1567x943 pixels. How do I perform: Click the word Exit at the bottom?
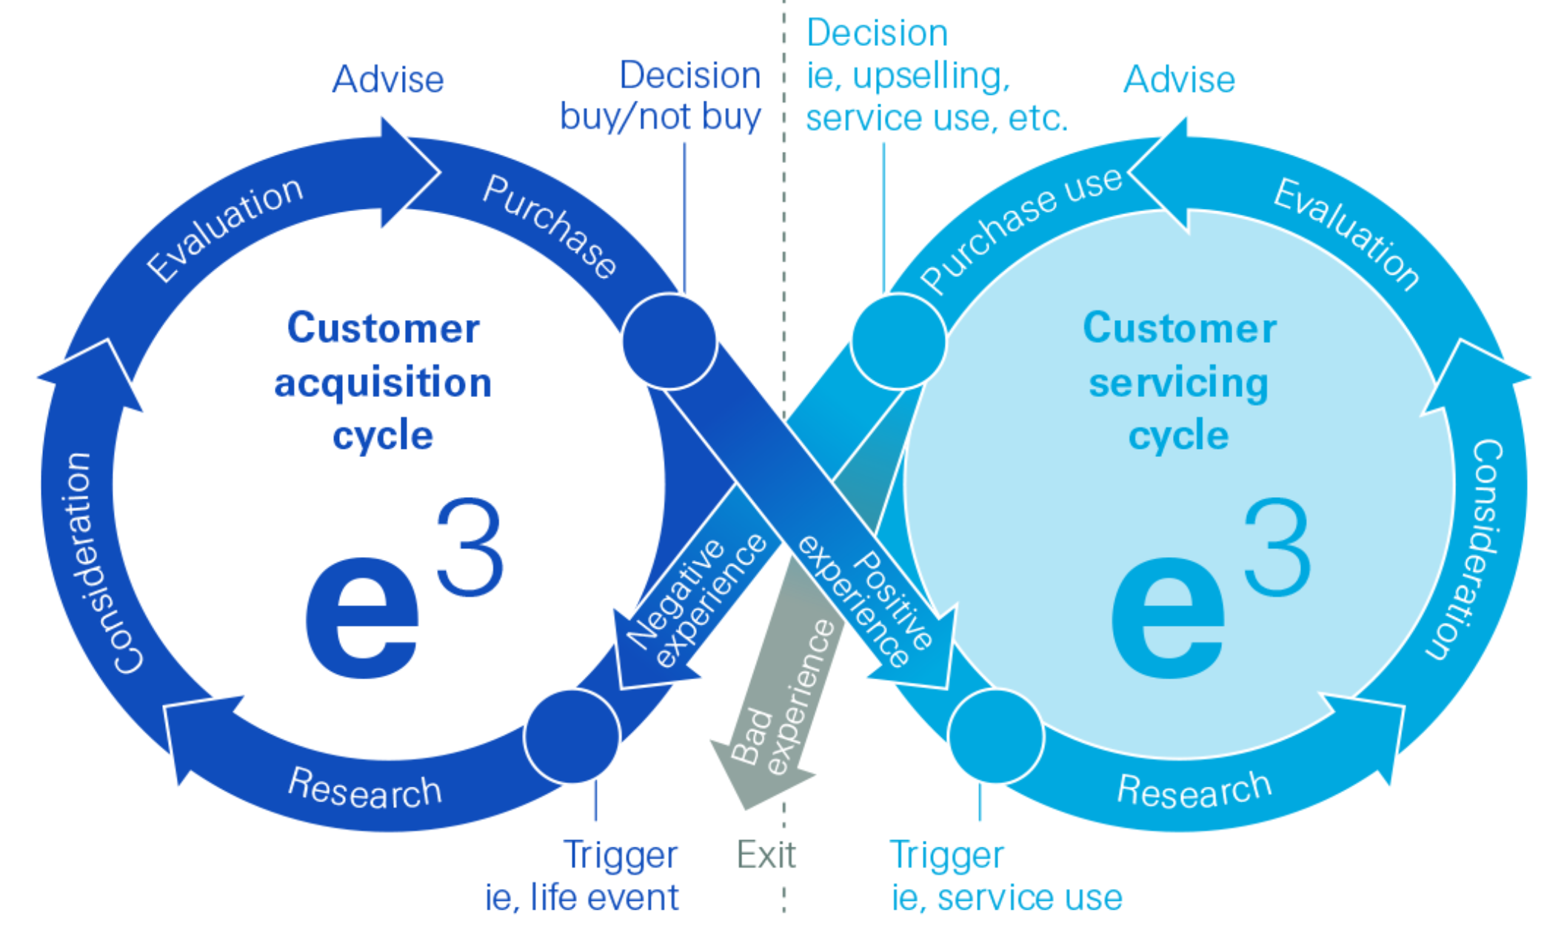coord(766,855)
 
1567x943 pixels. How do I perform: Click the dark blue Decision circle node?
coord(669,341)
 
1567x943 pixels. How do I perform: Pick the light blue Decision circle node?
coord(898,341)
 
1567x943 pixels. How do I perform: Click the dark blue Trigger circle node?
coord(572,736)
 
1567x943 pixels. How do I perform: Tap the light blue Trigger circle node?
coord(996,736)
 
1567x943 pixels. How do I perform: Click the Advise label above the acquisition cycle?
coord(388,79)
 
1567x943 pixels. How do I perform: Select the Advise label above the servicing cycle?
coord(1180,79)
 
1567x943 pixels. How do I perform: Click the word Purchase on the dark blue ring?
coord(549,226)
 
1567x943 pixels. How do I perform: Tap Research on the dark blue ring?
coord(365,788)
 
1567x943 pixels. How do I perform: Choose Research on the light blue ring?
coord(1194,788)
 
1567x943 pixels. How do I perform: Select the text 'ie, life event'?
coord(582,897)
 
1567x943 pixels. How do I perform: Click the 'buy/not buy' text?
coord(661,117)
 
